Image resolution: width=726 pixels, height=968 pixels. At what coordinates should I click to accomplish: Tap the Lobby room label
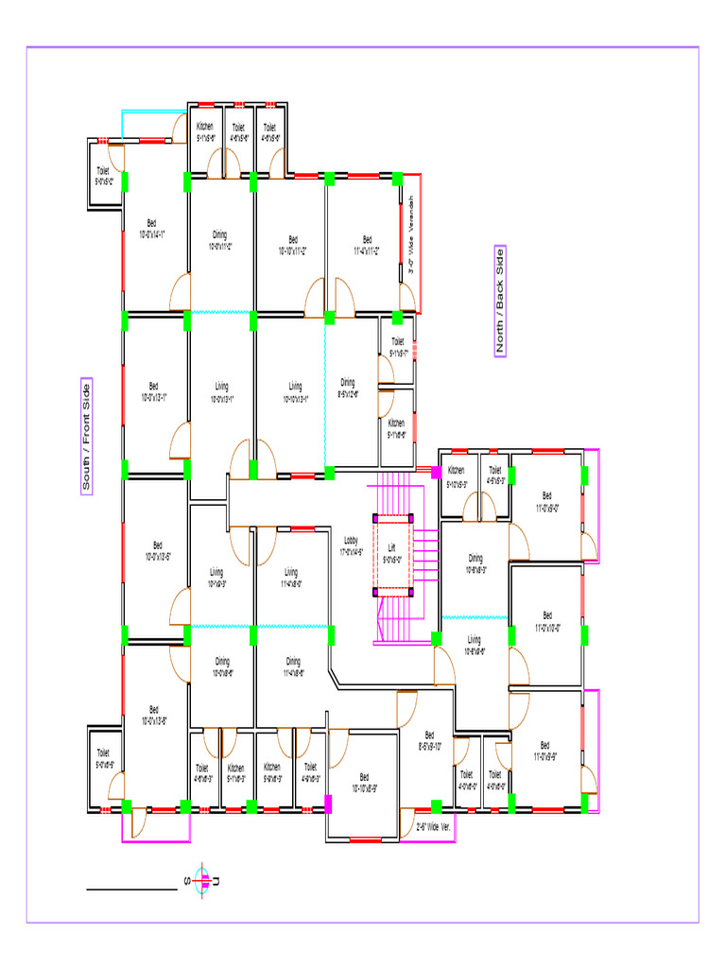352,545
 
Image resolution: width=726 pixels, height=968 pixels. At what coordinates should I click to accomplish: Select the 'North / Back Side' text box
500,302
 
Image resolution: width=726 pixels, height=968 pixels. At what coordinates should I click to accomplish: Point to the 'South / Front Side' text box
86,437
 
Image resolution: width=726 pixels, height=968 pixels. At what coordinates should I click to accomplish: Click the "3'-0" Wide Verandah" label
410,242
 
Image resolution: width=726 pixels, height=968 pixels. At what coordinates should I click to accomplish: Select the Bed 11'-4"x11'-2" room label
367,245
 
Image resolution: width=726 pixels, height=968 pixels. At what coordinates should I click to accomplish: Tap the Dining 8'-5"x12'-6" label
348,388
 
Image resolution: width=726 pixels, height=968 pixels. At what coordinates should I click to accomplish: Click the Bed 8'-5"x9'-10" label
429,740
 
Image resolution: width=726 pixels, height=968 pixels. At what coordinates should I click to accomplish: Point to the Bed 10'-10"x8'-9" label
364,783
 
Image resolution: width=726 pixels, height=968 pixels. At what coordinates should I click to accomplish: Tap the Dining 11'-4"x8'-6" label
293,666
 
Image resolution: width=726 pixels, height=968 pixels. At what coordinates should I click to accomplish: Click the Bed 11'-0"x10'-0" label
547,620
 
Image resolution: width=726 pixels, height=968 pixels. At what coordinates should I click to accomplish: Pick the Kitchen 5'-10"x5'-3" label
456,475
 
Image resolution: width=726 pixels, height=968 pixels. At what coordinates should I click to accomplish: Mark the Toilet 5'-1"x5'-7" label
397,347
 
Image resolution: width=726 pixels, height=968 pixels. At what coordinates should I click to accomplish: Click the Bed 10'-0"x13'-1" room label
154,391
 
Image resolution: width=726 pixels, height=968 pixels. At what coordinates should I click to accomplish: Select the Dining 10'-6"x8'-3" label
475,564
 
